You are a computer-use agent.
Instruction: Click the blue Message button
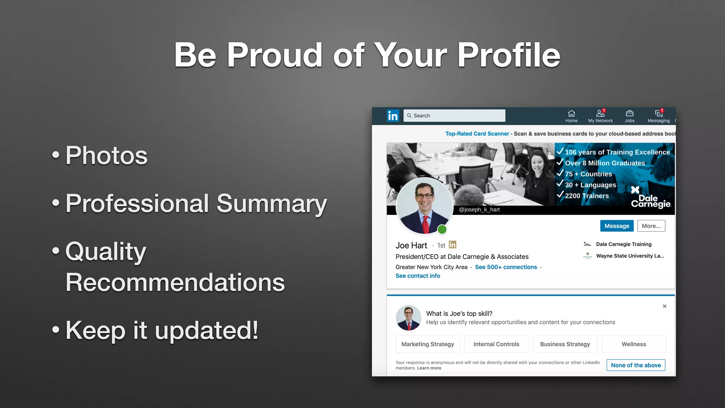point(617,226)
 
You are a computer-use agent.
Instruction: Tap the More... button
point(651,226)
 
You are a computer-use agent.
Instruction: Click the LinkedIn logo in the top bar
point(393,116)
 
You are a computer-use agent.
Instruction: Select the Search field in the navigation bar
point(454,116)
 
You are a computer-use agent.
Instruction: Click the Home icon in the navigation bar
point(571,114)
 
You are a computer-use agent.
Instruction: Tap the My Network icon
point(600,114)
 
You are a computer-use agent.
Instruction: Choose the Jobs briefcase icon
point(629,114)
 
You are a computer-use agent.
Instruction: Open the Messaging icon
point(658,114)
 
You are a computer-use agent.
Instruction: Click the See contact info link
point(418,276)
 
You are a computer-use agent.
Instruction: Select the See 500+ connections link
point(506,267)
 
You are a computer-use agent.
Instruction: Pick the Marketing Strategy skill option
point(428,344)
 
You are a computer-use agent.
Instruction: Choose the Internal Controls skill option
point(496,344)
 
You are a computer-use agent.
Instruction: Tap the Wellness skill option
point(634,344)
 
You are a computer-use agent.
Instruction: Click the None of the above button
point(636,365)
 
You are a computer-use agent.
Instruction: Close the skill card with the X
point(664,306)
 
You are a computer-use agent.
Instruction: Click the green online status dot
point(442,229)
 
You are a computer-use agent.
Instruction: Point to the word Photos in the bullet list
point(106,155)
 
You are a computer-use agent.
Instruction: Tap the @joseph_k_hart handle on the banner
point(479,210)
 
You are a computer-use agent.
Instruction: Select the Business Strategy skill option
point(565,344)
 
